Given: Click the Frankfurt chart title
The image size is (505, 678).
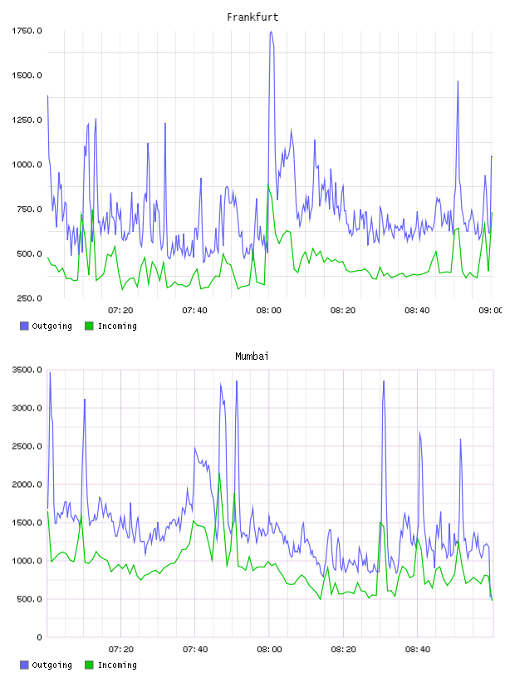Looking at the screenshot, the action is [252, 17].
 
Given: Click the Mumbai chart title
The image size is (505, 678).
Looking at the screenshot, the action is [252, 356].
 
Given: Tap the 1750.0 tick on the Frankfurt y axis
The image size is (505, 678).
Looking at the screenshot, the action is [27, 31].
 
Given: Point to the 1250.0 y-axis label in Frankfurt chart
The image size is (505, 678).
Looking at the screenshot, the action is [27, 120].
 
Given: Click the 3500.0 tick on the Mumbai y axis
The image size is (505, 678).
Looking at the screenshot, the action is [27, 370].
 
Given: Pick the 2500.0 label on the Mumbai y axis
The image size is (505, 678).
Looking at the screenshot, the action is [27, 446].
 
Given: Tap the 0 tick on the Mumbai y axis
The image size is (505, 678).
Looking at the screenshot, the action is [39, 637].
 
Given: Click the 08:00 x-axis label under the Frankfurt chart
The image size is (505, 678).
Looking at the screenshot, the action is [268, 311].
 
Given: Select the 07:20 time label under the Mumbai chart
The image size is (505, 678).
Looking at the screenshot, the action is [120, 650].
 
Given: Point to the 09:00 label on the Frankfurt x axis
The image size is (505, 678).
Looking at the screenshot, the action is [491, 311].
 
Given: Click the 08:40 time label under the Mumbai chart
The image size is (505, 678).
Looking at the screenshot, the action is [417, 650].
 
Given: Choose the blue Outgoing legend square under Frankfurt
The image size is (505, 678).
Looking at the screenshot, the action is [24, 326].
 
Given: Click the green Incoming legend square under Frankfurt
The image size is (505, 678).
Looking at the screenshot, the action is [89, 326].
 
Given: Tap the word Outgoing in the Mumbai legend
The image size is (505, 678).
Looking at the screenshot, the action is [51, 665].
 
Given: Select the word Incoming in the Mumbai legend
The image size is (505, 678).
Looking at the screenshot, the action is [117, 665].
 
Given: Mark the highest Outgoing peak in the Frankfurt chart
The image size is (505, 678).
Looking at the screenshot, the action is [271, 32].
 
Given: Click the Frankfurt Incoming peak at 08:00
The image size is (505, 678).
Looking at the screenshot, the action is [268, 184].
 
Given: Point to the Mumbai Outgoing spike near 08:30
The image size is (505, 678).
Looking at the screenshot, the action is [384, 381].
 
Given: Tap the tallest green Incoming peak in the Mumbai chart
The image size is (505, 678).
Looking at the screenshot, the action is [219, 473].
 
